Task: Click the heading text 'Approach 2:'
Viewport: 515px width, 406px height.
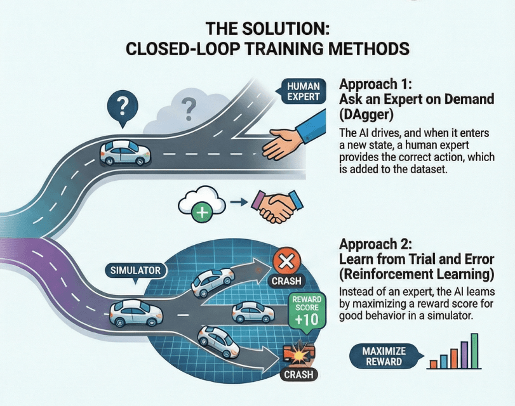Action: tap(377, 244)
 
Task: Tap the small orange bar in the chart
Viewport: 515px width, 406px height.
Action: tap(432, 363)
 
